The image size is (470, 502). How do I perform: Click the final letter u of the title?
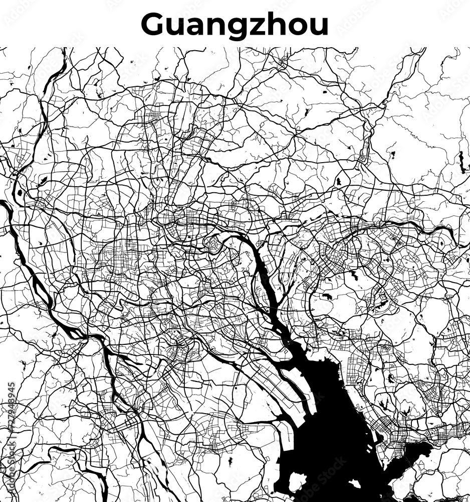tap(319, 26)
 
